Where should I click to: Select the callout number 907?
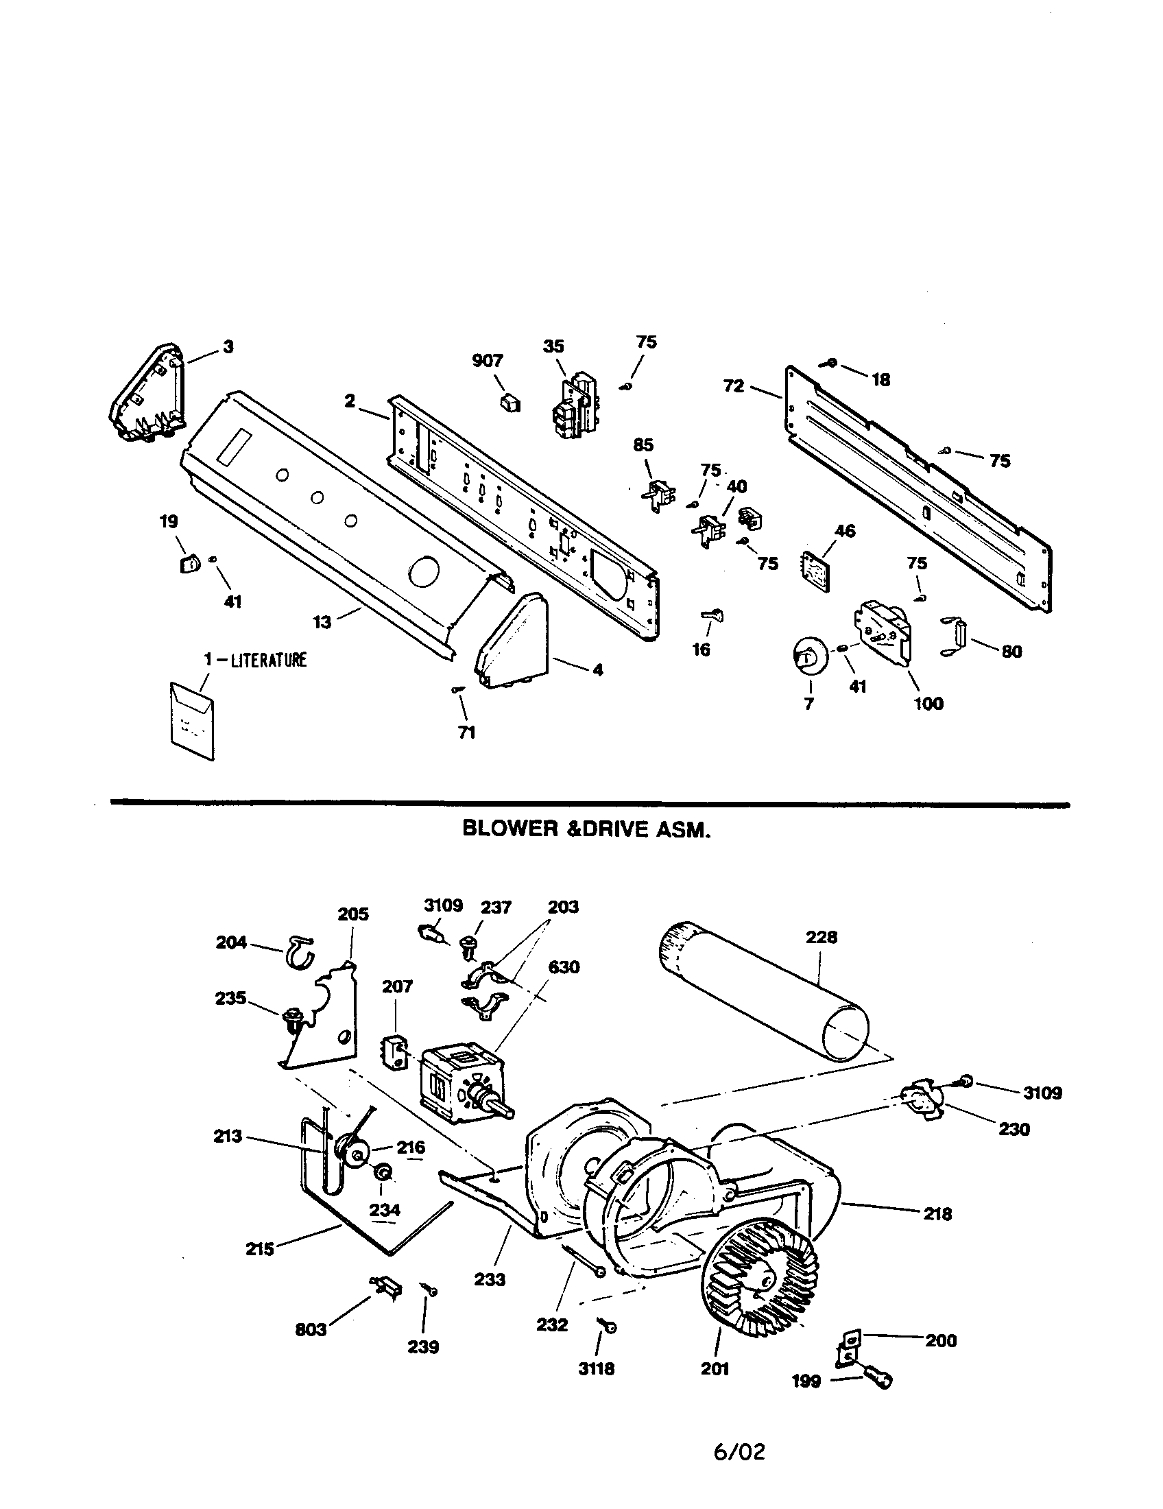click(488, 360)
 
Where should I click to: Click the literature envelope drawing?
click(191, 720)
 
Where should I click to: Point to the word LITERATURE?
click(269, 660)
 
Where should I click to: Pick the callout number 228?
click(821, 937)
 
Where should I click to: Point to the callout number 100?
click(928, 703)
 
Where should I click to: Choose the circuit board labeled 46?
click(817, 569)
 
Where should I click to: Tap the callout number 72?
click(734, 386)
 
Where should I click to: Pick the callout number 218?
click(937, 1214)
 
